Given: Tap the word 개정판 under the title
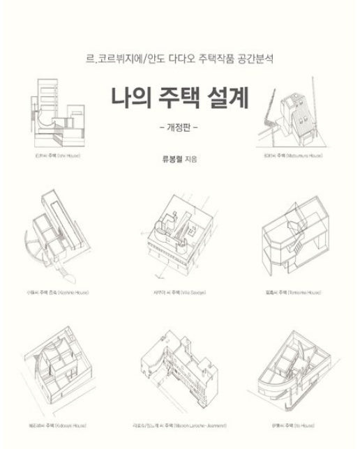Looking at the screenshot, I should click(x=180, y=128).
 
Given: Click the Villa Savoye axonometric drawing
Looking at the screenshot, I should click(x=181, y=230).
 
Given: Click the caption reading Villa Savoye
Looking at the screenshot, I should click(x=181, y=291).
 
